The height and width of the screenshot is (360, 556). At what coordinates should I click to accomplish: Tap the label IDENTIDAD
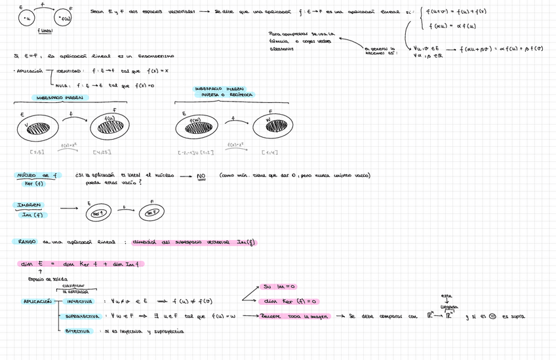[x=69, y=71]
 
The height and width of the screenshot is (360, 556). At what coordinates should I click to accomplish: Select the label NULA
[x=63, y=86]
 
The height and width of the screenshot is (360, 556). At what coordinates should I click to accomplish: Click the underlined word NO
[x=201, y=176]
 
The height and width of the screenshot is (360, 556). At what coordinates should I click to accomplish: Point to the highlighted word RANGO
[x=27, y=242]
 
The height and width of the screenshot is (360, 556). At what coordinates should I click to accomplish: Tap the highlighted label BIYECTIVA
[x=77, y=331]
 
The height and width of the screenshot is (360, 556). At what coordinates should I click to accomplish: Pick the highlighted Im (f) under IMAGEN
[x=32, y=214]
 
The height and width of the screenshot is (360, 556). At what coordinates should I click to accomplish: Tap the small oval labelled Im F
[x=151, y=213]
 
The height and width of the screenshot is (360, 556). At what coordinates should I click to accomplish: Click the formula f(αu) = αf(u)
[x=452, y=26]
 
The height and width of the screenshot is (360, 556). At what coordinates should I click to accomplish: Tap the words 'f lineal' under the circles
[x=45, y=31]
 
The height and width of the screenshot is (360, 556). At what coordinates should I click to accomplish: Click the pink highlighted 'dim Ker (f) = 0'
[x=292, y=301]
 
